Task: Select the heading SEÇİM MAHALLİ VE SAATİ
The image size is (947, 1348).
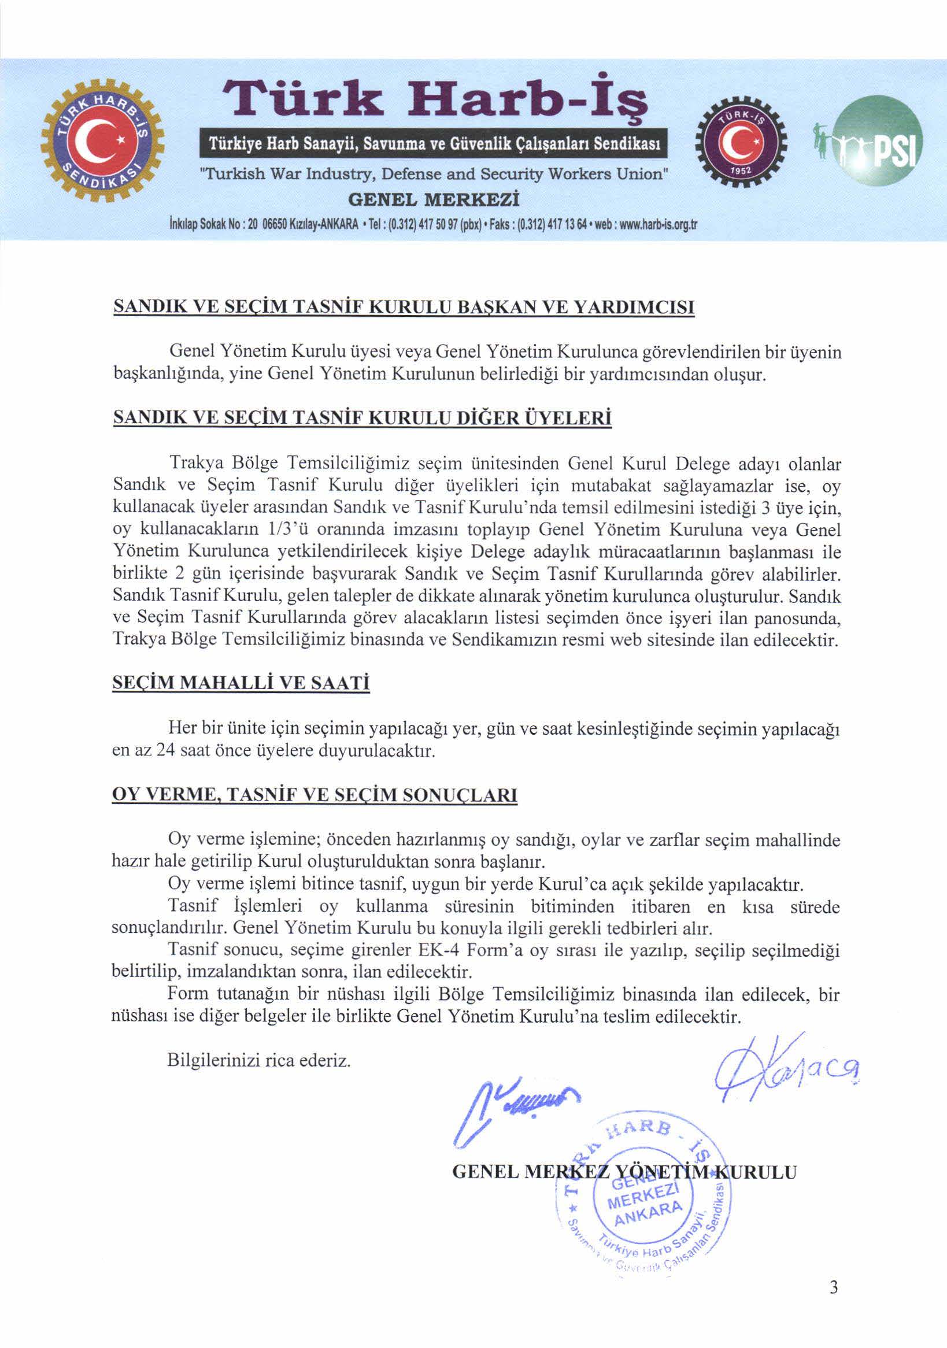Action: click(x=241, y=683)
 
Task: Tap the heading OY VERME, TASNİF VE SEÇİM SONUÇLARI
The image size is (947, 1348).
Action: click(x=315, y=795)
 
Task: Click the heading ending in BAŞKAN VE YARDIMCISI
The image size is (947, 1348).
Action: click(x=404, y=307)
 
